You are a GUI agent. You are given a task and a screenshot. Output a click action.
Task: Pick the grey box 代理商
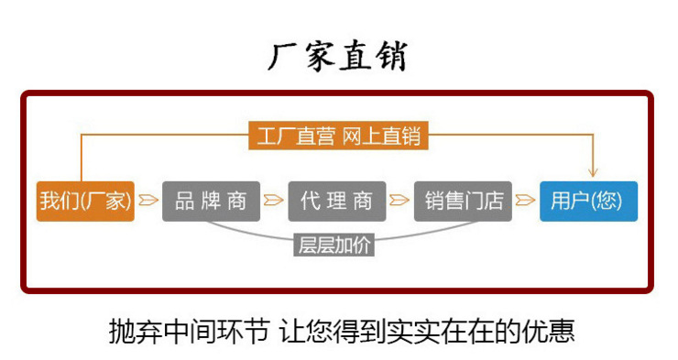[x=336, y=201]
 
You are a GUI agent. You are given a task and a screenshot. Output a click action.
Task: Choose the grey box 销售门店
[x=463, y=201]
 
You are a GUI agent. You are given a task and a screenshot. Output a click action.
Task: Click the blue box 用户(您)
[x=587, y=201]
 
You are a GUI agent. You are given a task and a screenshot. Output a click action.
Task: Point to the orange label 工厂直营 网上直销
[x=337, y=136]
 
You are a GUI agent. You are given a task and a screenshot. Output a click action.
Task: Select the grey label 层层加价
[x=335, y=245]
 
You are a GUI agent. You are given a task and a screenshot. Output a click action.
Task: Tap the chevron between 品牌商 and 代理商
[x=274, y=201]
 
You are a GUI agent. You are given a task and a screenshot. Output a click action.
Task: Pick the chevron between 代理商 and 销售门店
[x=399, y=201]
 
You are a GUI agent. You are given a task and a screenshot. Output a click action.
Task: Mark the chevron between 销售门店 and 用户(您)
[x=525, y=201]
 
